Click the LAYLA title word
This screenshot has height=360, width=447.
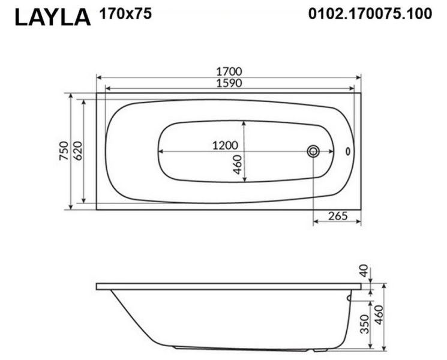click(53, 17)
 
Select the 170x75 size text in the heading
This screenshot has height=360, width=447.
click(125, 13)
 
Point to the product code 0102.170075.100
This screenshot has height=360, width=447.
click(370, 13)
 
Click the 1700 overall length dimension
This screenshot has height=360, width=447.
click(229, 71)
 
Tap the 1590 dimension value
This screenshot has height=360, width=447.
click(229, 83)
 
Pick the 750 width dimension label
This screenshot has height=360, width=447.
click(64, 151)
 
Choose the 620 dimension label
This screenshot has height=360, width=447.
click(77, 151)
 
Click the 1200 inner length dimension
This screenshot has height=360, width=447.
click(225, 146)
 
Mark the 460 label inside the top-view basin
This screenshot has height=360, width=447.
click(238, 164)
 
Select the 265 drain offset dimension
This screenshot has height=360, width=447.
click(338, 216)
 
